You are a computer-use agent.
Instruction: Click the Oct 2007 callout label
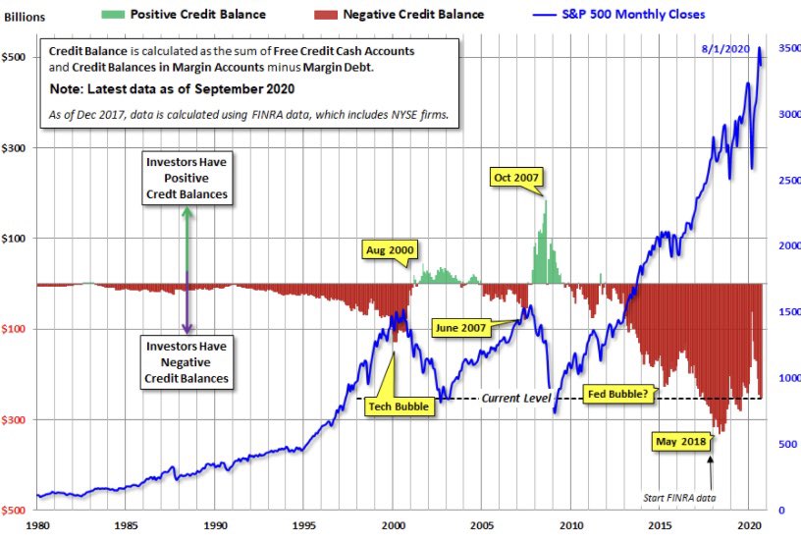[x=516, y=179]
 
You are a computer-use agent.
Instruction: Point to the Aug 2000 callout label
[x=388, y=250]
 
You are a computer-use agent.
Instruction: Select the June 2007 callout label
[x=459, y=326]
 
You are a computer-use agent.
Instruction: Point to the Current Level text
[x=516, y=398]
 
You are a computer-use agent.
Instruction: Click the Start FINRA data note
[x=678, y=496]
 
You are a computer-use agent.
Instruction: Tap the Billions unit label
[x=27, y=17]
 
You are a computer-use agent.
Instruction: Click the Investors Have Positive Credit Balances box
[x=187, y=178]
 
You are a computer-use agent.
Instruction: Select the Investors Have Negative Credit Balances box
[x=187, y=362]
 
